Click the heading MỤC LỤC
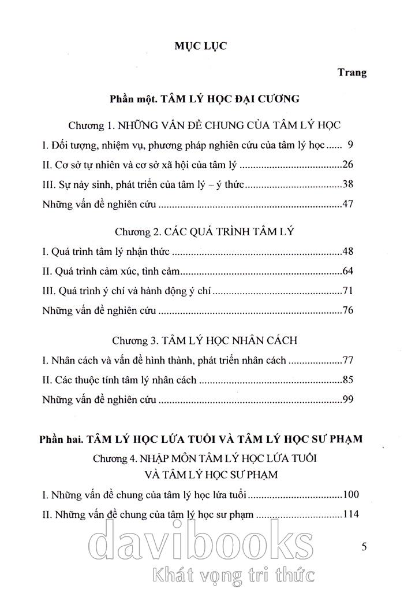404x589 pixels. click(201, 47)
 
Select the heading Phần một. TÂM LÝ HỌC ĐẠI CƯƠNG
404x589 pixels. click(204, 99)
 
